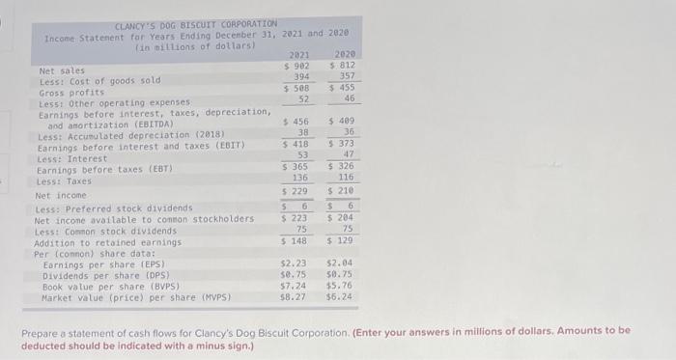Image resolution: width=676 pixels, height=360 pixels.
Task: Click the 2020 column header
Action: click(x=344, y=55)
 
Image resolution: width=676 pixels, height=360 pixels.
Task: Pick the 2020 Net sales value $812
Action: click(x=343, y=66)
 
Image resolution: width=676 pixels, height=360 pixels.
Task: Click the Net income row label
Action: click(x=61, y=195)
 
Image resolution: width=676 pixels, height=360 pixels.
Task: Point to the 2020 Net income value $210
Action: click(x=343, y=191)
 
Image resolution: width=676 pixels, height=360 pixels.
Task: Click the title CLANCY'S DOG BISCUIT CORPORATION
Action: click(x=195, y=24)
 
